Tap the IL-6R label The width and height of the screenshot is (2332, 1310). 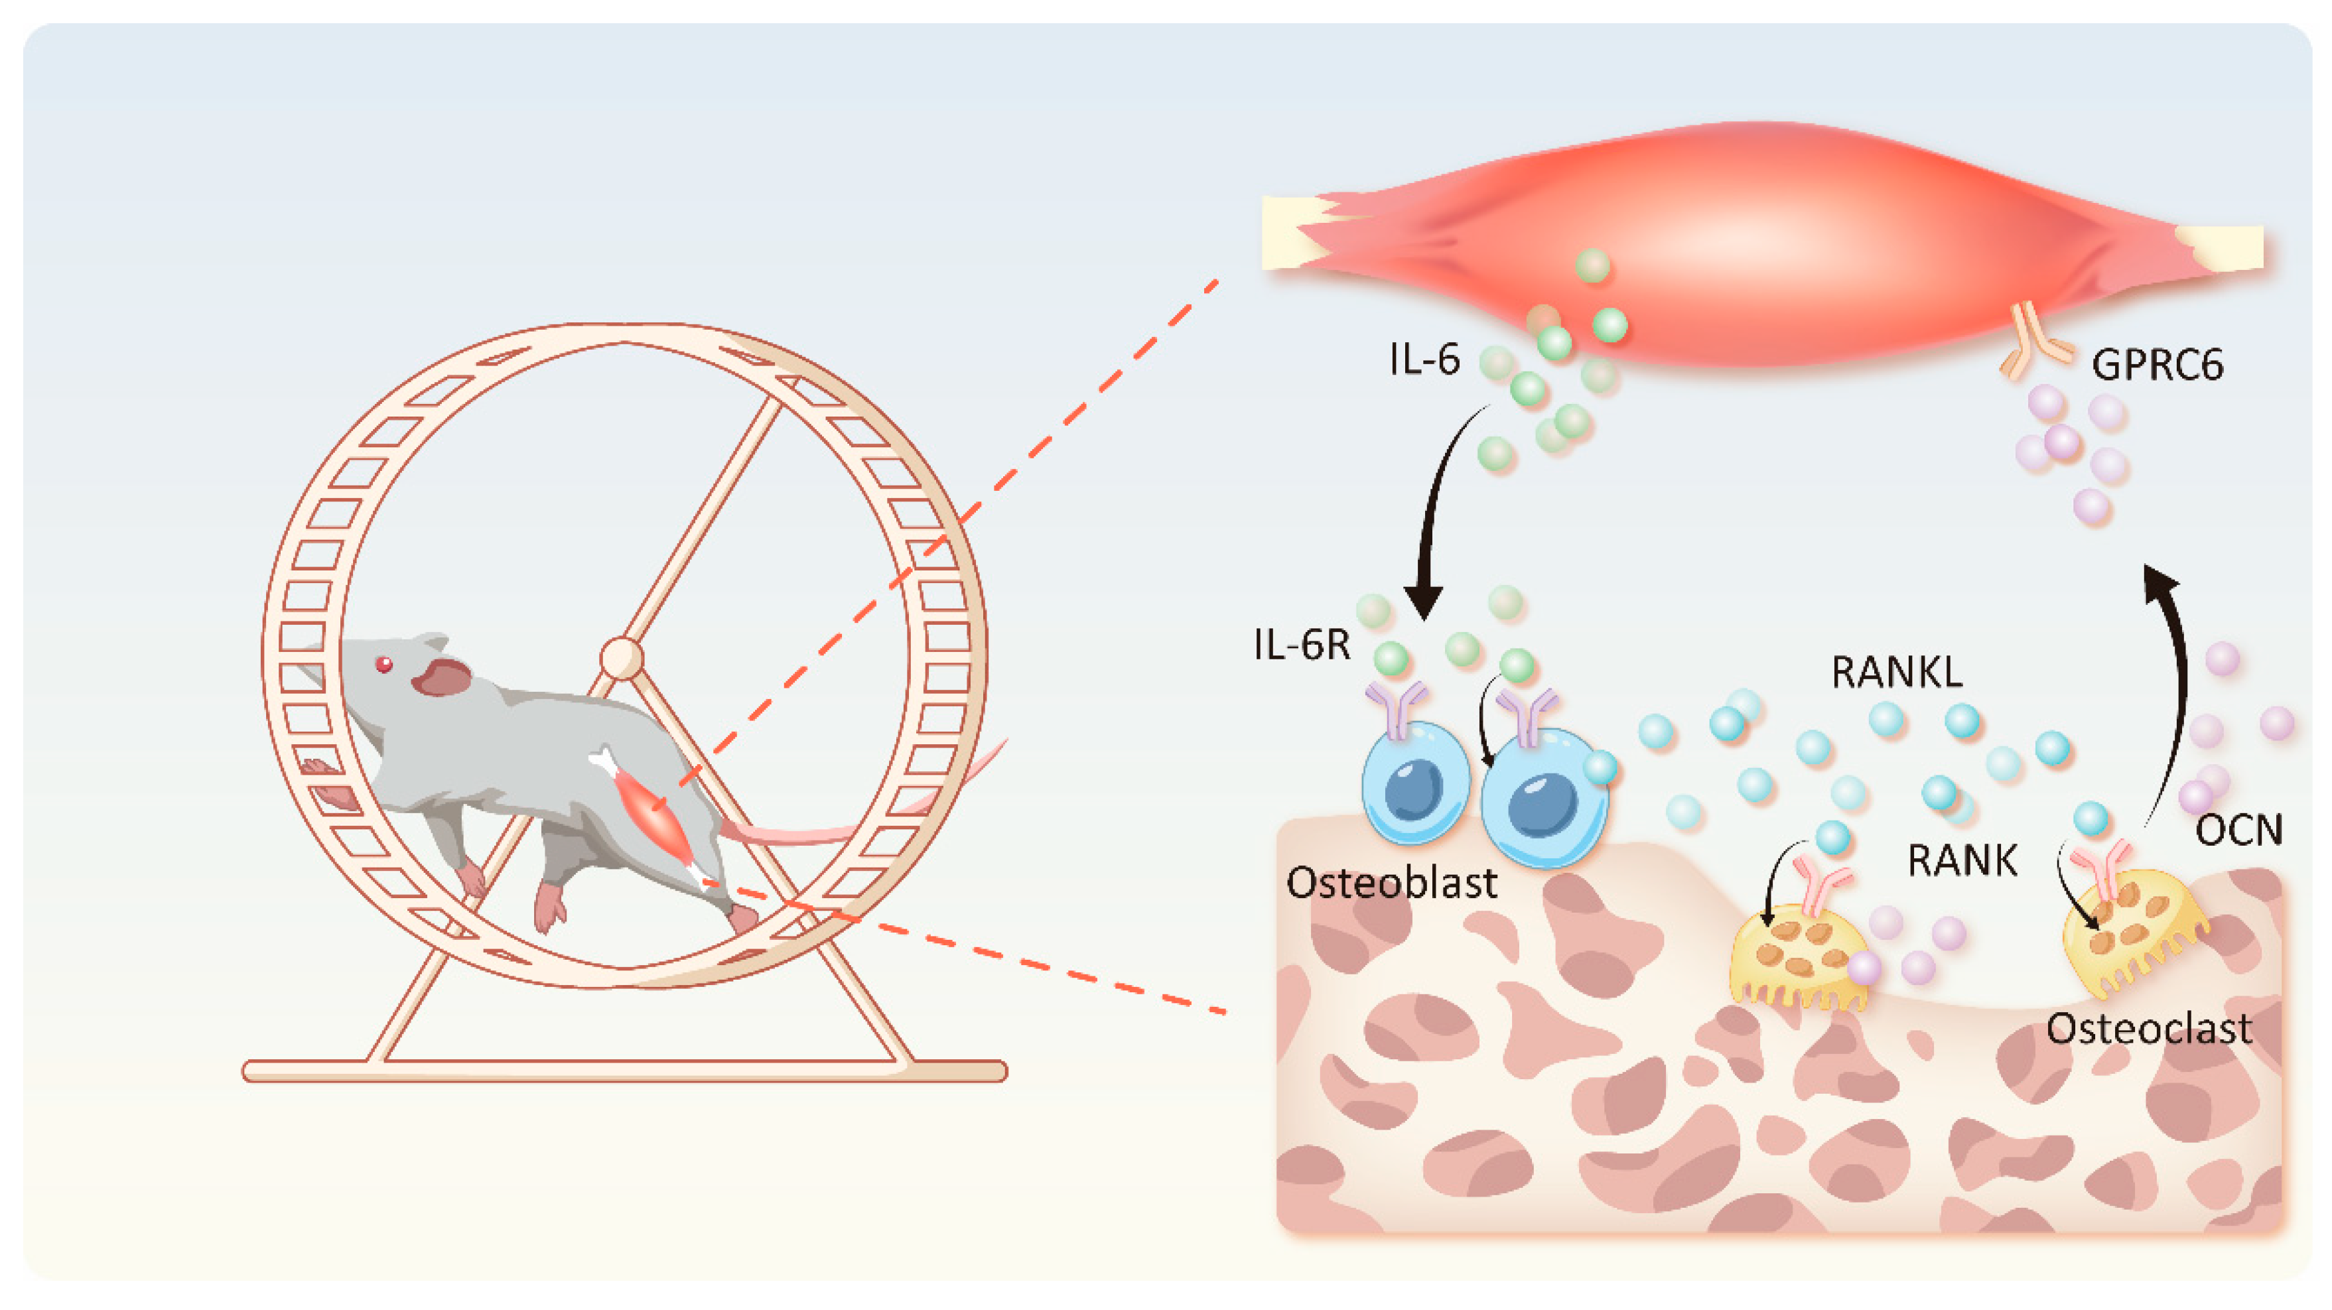(1302, 645)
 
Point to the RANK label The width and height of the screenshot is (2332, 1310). (1962, 861)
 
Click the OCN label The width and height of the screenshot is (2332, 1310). (2238, 829)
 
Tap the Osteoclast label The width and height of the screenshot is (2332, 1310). (2149, 1029)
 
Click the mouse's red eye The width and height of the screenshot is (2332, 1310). (385, 665)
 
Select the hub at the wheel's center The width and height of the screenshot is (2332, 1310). (622, 658)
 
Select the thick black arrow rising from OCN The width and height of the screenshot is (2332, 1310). (2173, 688)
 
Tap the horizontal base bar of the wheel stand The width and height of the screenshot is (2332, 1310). (625, 1071)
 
